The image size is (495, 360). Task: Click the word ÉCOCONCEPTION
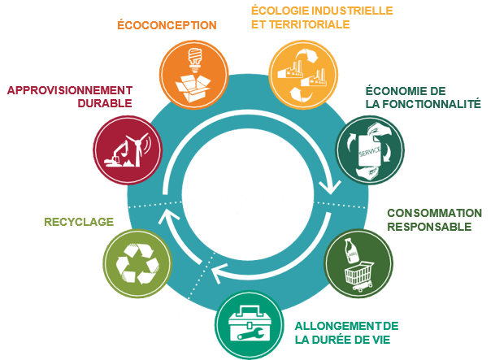[167, 25]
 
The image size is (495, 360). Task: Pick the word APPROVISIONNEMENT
[69, 89]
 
